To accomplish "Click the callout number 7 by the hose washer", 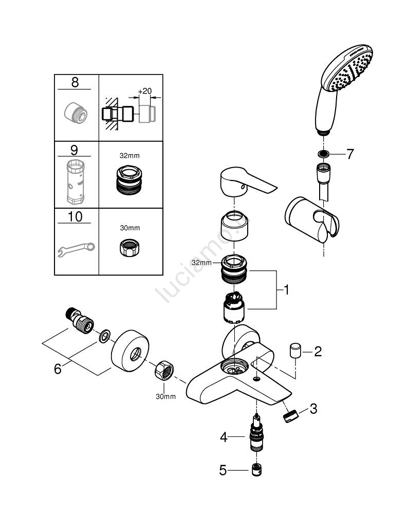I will (x=350, y=154).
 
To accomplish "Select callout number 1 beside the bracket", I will (x=286, y=291).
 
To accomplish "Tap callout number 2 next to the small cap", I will (x=318, y=352).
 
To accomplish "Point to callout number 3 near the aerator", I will (x=313, y=409).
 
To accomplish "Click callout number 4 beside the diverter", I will (x=223, y=437).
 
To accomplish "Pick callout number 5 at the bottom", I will (x=223, y=470).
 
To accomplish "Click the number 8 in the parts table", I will (x=75, y=82).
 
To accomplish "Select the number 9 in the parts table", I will (x=75, y=150).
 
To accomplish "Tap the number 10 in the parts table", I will (x=75, y=216).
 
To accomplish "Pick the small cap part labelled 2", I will (x=294, y=352).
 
